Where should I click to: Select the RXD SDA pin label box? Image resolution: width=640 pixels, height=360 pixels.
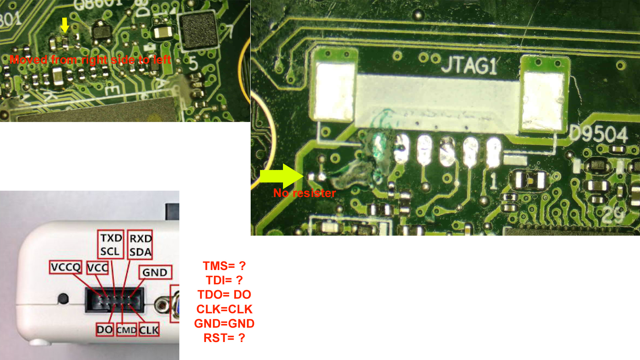140,245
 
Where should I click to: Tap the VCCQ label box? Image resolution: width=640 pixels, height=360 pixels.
66,267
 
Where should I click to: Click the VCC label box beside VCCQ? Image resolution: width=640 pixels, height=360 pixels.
97,267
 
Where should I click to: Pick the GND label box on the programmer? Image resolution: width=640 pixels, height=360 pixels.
155,272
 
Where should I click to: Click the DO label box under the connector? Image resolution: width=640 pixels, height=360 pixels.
105,330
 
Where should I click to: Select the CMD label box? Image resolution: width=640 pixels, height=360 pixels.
126,330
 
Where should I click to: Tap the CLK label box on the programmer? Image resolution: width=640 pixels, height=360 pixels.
149,330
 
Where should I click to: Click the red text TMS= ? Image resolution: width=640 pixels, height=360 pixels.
224,266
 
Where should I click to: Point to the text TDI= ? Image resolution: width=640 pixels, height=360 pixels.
224,280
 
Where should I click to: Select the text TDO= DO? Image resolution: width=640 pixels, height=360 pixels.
224,295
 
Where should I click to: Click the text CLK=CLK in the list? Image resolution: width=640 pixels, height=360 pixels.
224,309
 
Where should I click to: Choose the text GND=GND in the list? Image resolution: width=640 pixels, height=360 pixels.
224,324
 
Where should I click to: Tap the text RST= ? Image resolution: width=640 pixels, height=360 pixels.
224,338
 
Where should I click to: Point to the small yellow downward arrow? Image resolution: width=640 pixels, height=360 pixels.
65,25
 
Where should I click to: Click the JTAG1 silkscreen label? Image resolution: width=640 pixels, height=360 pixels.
469,65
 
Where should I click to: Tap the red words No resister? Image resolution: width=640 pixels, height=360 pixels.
304,193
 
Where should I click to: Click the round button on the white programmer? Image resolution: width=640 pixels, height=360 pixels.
63,298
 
